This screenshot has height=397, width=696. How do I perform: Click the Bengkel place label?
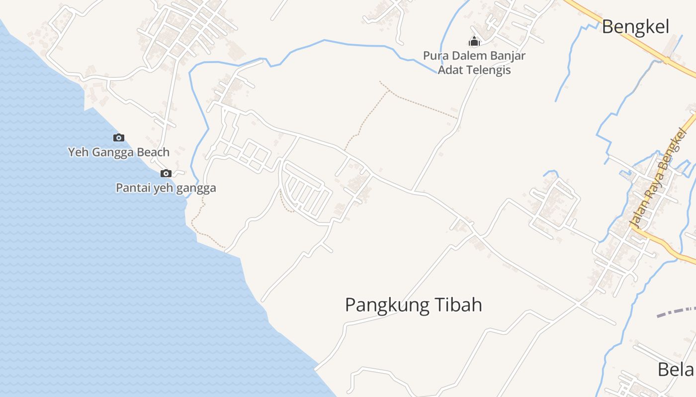[x=635, y=27]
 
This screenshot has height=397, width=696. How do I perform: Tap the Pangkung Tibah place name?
[x=414, y=305]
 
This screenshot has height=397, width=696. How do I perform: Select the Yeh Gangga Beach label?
[x=119, y=152]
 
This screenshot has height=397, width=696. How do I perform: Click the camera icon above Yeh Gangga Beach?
[x=119, y=138]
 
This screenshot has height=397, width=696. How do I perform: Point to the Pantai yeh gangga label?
[x=166, y=188]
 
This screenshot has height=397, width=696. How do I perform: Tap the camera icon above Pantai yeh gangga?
[x=166, y=174]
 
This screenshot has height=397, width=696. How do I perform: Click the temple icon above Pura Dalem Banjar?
[x=474, y=41]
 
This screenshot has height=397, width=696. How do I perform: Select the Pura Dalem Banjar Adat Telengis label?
[x=474, y=63]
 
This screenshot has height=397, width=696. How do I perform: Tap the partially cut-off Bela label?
[x=676, y=370]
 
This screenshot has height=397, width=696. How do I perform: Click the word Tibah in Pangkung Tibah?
[x=459, y=305]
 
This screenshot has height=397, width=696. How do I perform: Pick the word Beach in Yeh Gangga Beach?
[x=153, y=152]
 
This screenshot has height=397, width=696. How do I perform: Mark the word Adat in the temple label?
[x=449, y=70]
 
